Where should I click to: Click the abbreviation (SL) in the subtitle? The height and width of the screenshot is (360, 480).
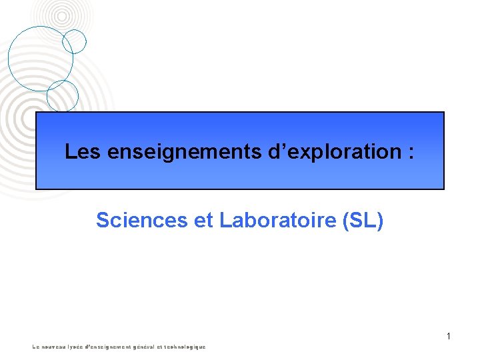point(362,220)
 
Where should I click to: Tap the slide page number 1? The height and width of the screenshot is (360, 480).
point(449,336)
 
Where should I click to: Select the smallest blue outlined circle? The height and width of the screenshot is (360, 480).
point(75,41)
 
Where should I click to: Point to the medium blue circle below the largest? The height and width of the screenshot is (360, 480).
point(63,95)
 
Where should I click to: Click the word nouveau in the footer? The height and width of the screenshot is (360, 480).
point(56,347)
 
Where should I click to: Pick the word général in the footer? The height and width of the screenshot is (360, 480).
point(145,347)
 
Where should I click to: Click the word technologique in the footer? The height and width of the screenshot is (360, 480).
point(186,347)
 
